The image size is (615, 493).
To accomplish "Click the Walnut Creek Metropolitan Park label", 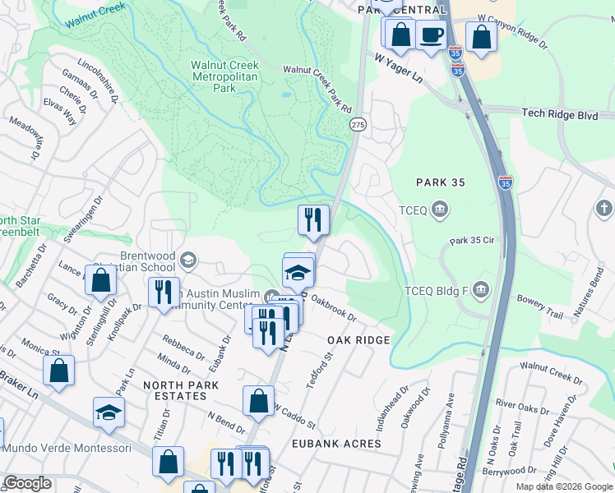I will pos(224,75).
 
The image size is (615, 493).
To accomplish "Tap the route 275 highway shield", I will pos(358,123).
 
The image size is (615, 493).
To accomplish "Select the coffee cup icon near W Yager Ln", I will pos(432,35).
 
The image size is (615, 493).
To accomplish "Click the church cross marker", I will pos(604,209).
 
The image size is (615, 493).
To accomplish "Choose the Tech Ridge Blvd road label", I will pos(559,116).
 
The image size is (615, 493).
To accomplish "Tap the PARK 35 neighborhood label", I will pos(440,182).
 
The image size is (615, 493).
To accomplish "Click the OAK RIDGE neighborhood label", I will pos(357,340).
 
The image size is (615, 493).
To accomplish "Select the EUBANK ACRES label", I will pos(336,444).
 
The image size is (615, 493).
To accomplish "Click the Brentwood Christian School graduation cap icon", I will pos(188,261).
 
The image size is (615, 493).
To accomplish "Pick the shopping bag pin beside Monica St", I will pos(59,371).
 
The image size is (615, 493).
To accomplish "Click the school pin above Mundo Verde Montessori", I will pos(109,412).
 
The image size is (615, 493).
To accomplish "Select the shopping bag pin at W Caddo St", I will pos(258,400).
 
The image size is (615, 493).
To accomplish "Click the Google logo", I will pos(28,483).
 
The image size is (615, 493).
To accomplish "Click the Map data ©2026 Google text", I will pos(562,486).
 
